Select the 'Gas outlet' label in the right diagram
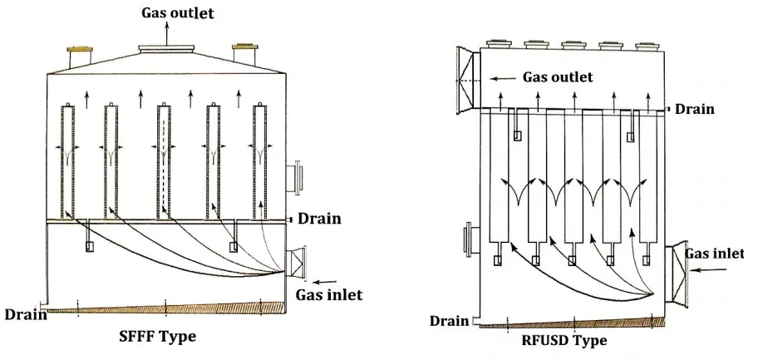pos(557,77)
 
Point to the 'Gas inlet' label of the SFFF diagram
pos(328,294)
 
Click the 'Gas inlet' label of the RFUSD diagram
pos(717,251)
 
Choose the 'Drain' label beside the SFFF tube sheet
pos(320,219)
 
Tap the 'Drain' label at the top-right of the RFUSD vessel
pos(696,109)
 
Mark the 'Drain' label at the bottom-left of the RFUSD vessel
pos(449,321)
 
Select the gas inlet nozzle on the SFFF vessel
pos(297,263)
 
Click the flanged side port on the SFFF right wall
pos(295,178)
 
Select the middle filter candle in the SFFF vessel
pos(165,158)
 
